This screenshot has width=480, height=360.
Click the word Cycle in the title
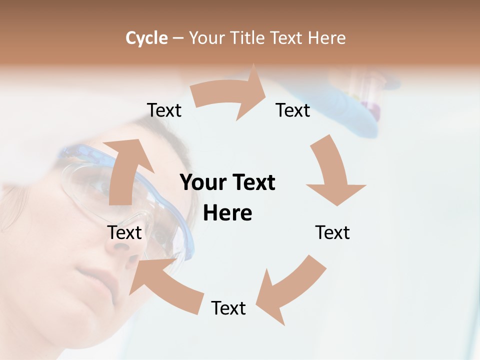146,38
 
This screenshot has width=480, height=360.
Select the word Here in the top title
327,38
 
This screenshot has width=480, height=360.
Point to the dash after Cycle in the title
178,38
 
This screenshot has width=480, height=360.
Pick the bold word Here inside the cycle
227,213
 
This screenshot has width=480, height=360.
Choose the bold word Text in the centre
252,182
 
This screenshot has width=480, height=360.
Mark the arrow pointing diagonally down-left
290,290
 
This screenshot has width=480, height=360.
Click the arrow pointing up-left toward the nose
160,280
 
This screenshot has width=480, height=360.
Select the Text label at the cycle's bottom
228,308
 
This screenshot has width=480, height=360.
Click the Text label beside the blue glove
293,110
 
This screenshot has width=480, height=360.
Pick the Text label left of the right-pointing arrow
164,110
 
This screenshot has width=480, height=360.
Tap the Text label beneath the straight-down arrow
332,232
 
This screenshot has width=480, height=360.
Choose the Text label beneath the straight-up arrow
124,232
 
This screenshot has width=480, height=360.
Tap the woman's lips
95,277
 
